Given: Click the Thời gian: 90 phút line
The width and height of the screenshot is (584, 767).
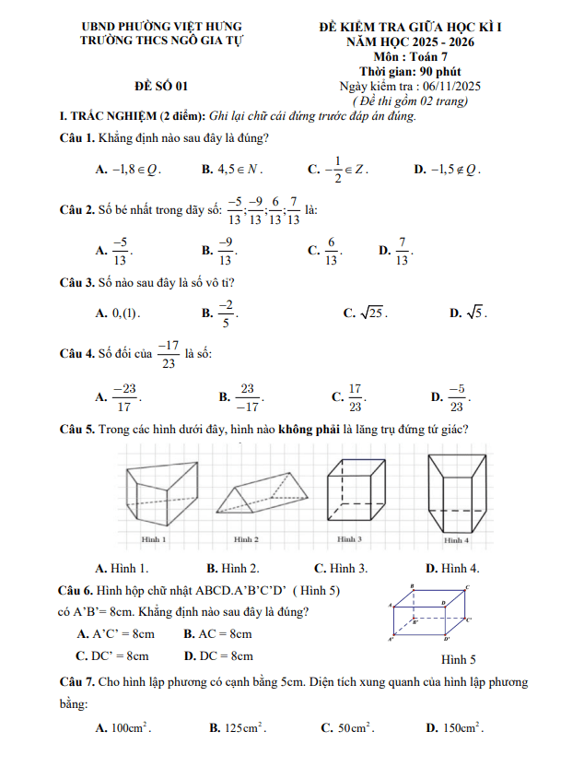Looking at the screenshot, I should click(x=410, y=71).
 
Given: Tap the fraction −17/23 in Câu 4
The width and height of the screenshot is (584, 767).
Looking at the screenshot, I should click(x=168, y=353).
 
